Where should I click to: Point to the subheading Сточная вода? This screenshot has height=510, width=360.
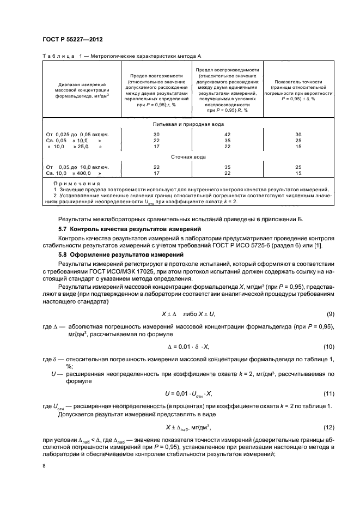(188, 157)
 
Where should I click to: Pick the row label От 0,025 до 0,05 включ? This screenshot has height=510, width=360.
(78, 133)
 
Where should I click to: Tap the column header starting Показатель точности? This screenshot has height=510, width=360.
(298, 90)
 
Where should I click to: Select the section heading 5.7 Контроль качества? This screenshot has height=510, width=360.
(130, 228)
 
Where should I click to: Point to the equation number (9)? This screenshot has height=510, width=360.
(330, 314)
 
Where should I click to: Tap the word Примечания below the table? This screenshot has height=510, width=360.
(71, 184)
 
